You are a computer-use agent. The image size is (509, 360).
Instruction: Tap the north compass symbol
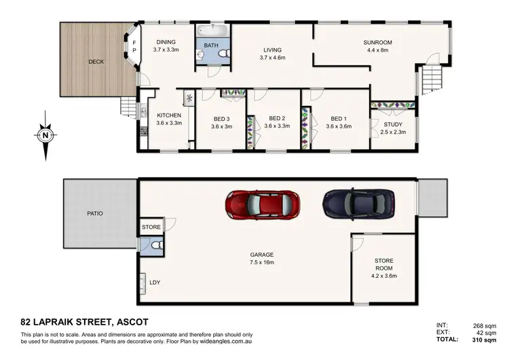[x=45, y=135]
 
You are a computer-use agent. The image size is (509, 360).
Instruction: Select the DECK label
[x=96, y=62]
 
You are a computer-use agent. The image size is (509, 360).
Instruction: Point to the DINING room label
[x=165, y=41]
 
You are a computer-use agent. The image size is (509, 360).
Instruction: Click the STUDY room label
[x=392, y=124]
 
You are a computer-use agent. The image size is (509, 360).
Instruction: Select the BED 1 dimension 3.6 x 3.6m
[x=337, y=126]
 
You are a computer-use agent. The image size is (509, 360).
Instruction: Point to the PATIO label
[x=95, y=213]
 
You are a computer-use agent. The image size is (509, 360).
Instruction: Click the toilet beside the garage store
[x=157, y=245]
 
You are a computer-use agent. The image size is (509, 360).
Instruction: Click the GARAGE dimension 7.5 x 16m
[x=261, y=263]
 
